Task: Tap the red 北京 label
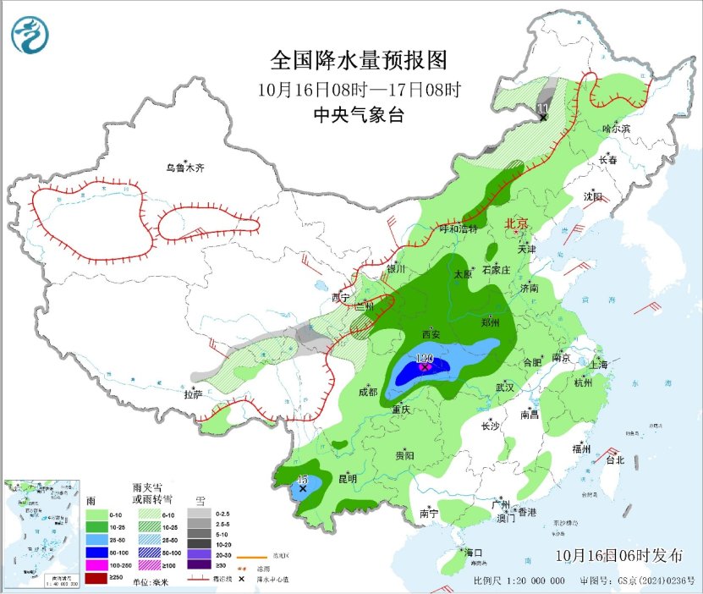click(x=516, y=224)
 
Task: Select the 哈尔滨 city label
click(x=616, y=129)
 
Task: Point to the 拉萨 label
click(x=194, y=393)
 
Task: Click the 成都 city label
click(x=368, y=392)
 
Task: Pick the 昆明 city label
click(x=347, y=479)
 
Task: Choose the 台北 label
click(x=614, y=460)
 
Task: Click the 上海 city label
click(x=599, y=365)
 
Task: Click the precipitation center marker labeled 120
click(x=425, y=367)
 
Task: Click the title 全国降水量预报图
click(x=358, y=61)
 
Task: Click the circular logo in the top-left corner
click(x=30, y=35)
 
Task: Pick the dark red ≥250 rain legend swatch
click(x=96, y=577)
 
